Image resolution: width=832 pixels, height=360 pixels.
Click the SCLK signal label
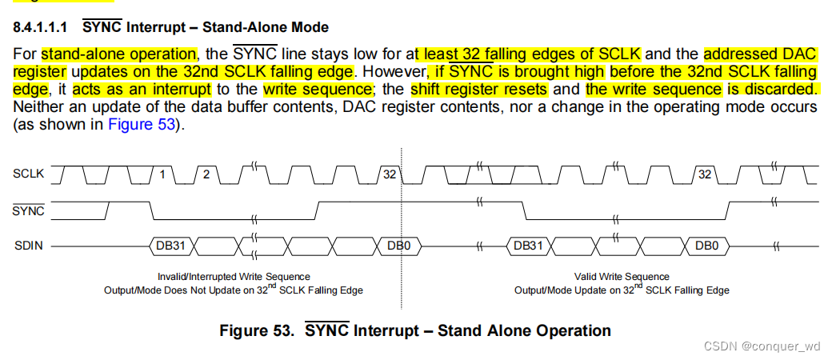point(28,173)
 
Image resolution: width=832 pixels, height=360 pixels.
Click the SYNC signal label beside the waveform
point(29,210)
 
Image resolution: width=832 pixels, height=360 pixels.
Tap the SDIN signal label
point(28,246)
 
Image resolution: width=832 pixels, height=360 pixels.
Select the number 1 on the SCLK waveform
point(163,174)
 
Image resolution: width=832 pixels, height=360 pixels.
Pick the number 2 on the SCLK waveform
point(206,174)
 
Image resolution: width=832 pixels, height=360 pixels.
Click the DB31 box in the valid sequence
point(528,246)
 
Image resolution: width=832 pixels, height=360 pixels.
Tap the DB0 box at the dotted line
point(398,246)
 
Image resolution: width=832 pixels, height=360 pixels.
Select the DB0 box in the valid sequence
point(706,246)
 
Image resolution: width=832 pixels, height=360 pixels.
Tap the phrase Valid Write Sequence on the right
point(622,277)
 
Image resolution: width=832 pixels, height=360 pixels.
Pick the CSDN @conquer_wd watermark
point(762,346)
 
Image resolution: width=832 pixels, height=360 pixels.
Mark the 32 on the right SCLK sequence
point(705,174)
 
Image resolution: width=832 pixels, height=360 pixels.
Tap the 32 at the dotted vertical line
point(390,174)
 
